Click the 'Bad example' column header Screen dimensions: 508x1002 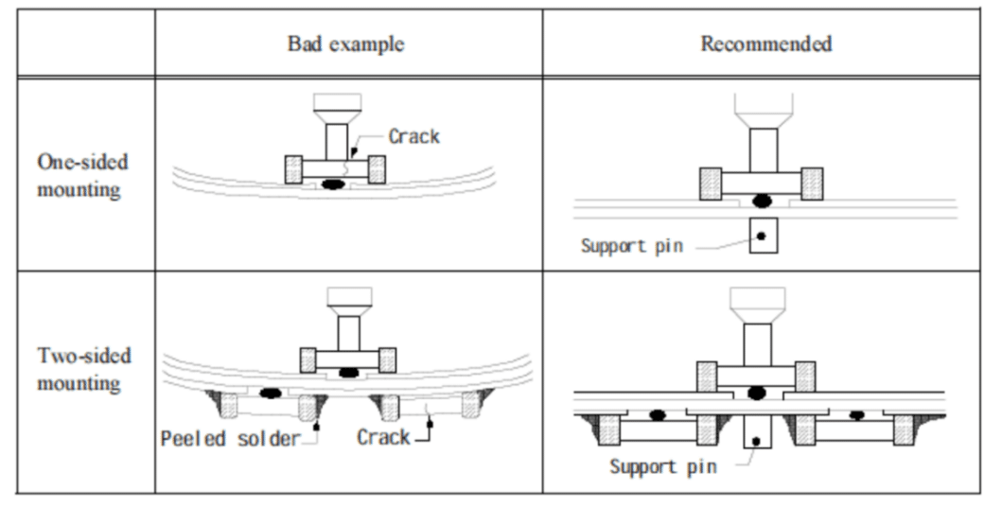pyautogui.click(x=347, y=44)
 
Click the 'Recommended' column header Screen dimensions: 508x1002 pyautogui.click(x=765, y=44)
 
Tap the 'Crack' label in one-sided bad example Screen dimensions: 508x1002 pyautogui.click(x=414, y=136)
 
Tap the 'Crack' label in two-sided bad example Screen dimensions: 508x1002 pyautogui.click(x=383, y=437)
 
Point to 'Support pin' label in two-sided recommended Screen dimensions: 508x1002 pyautogui.click(x=662, y=466)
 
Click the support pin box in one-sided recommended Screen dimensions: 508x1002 pyautogui.click(x=763, y=235)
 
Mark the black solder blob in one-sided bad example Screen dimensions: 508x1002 pyautogui.click(x=333, y=184)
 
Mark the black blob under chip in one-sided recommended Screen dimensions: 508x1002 pyautogui.click(x=760, y=200)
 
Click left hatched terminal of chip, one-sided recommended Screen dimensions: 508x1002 pyautogui.click(x=712, y=183)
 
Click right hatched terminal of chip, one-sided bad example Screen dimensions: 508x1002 pyautogui.click(x=376, y=169)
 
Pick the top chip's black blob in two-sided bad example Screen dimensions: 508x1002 pyautogui.click(x=348, y=372)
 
